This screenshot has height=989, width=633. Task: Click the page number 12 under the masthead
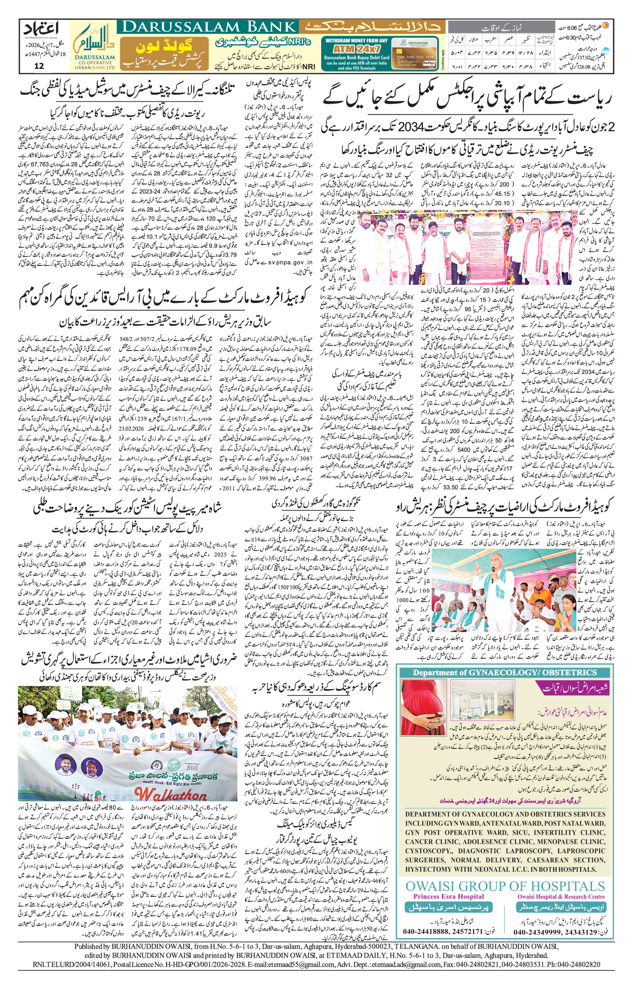39,66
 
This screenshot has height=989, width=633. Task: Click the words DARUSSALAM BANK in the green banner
207,28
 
